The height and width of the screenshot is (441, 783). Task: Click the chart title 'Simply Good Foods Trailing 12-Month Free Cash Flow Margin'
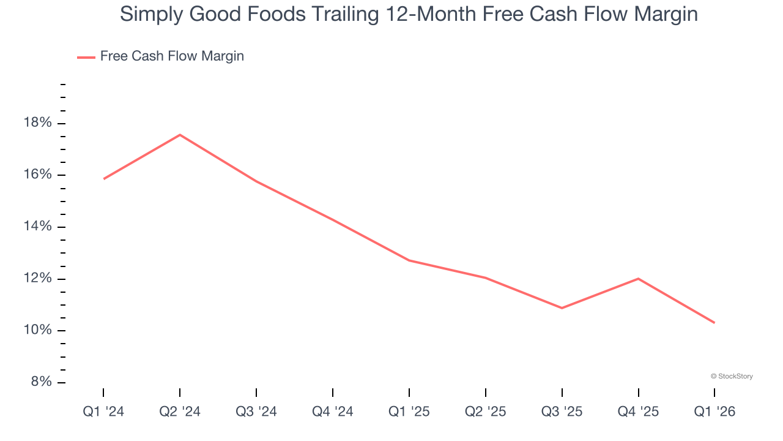tap(409, 14)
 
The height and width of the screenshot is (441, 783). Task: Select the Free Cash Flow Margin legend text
tap(172, 56)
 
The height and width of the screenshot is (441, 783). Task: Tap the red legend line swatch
tap(86, 57)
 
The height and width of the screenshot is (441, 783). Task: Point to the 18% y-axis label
tap(38, 123)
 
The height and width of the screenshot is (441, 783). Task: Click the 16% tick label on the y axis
tap(38, 175)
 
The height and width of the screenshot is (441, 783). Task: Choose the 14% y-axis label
tap(38, 227)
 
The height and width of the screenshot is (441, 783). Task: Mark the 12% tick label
tap(38, 279)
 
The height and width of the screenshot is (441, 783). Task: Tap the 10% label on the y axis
tap(38, 331)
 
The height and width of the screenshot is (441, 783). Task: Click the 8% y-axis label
tap(41, 382)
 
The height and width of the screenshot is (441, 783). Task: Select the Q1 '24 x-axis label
tap(103, 412)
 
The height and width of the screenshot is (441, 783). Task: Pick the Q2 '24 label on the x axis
tap(180, 412)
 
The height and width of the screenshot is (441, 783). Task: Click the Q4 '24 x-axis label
tap(333, 412)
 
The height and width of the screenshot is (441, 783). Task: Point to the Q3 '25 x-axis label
tap(562, 412)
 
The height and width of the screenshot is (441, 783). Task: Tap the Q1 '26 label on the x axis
tap(714, 412)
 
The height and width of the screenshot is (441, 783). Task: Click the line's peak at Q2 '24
tap(180, 135)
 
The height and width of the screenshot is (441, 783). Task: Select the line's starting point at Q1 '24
tap(104, 179)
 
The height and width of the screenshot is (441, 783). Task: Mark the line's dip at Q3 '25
tap(562, 308)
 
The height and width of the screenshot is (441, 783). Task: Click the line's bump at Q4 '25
tap(639, 279)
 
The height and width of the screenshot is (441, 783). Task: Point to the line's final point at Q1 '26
tap(714, 323)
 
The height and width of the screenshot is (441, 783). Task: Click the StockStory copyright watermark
tap(732, 376)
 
